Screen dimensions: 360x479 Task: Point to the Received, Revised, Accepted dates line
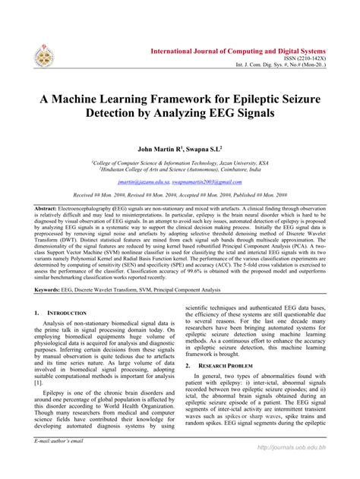click(179, 195)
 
